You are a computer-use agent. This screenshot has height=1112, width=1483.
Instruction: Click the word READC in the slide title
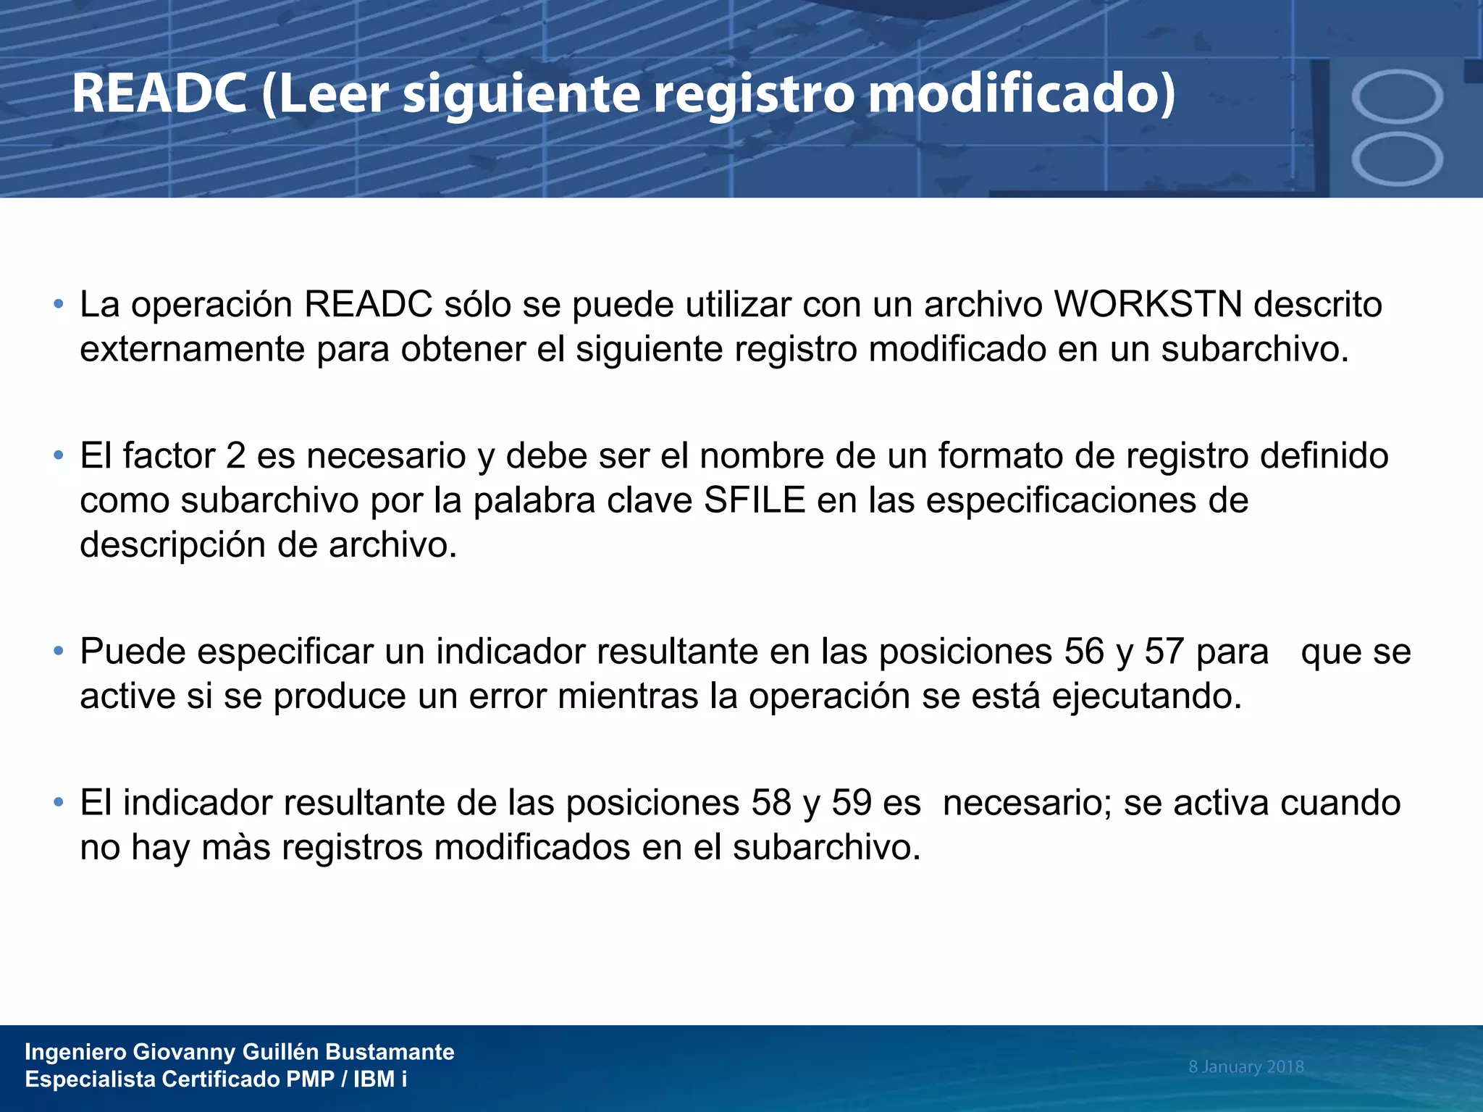tap(159, 94)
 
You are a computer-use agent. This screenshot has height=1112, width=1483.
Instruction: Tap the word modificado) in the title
tap(1022, 94)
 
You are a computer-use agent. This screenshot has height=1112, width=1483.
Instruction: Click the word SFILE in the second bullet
tap(755, 500)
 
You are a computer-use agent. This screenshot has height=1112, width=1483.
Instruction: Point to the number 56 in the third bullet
tap(1084, 651)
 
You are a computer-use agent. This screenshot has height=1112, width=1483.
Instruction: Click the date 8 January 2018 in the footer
tap(1245, 1066)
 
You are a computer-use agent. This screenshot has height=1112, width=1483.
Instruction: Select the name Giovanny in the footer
tap(185, 1052)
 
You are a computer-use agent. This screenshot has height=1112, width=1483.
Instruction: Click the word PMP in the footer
tap(310, 1079)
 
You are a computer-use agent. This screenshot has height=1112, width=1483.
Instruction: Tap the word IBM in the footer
tap(374, 1079)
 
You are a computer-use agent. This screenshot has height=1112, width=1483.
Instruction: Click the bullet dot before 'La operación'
tap(59, 304)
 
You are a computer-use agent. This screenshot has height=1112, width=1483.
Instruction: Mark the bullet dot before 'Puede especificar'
tap(59, 651)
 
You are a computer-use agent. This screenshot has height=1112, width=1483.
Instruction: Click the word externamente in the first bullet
tap(193, 349)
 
